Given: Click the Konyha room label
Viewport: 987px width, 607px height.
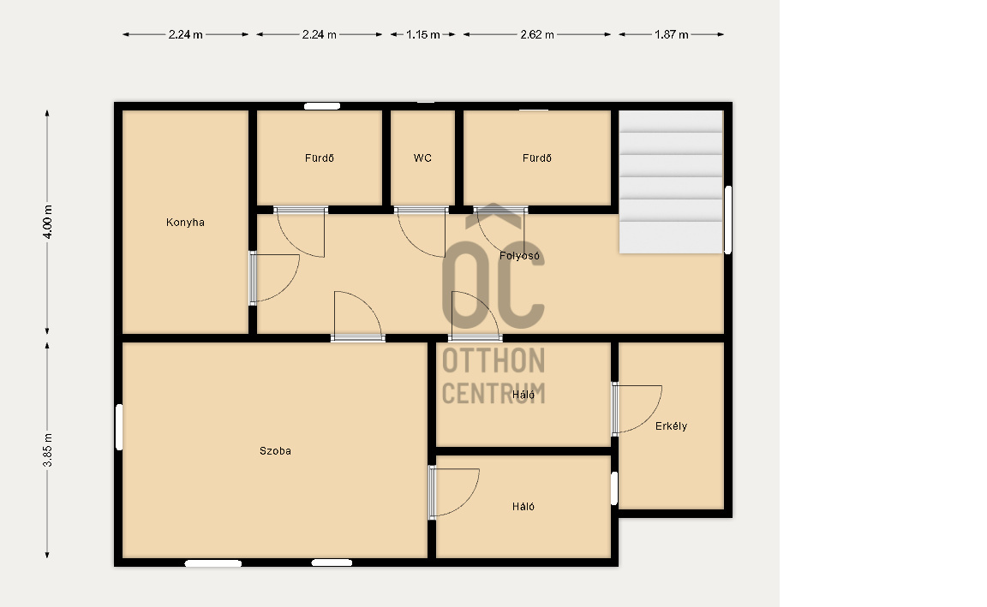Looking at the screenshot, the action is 185,222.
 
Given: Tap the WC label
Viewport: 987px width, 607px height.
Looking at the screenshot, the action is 422,158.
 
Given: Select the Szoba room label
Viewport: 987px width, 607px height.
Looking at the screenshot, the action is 275,450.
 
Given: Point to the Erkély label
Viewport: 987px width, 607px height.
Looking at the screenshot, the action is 671,425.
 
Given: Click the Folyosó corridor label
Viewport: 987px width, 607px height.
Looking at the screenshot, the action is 519,255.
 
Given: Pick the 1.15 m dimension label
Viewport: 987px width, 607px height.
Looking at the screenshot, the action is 422,34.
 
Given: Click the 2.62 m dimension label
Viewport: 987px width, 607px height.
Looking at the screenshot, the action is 537,34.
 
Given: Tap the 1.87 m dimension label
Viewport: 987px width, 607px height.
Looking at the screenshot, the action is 671,34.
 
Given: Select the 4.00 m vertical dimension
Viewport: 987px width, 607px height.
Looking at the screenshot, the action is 47,222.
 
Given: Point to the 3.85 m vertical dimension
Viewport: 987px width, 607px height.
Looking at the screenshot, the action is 47,450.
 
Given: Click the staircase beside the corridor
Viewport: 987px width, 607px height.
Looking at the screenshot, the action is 670,182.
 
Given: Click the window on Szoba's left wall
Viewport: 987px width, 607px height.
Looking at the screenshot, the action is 120,427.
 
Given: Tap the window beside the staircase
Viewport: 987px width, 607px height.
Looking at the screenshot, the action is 728,219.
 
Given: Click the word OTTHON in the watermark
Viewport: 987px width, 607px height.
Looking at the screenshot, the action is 493,361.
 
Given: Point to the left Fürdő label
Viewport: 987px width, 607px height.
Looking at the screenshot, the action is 319,158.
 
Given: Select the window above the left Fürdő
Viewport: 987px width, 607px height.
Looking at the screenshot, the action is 322,106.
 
